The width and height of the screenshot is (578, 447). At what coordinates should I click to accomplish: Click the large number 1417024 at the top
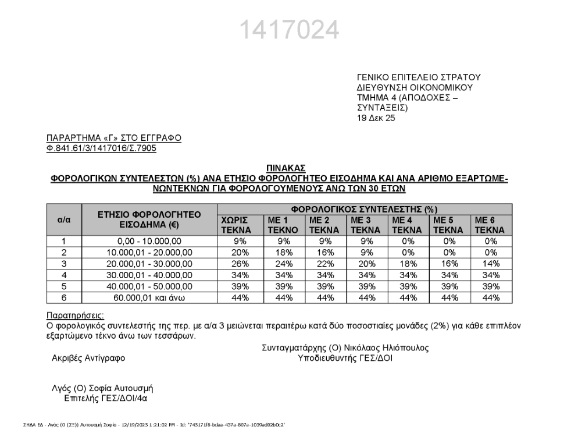tap(288, 30)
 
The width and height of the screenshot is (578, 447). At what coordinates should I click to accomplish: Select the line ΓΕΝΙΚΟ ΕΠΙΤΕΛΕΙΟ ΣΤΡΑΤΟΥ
tap(418, 77)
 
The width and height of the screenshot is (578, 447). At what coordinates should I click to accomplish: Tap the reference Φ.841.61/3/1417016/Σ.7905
tap(101, 148)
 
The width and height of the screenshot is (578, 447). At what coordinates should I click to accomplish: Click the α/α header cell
tap(64, 219)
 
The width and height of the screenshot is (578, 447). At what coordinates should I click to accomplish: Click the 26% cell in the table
tap(240, 264)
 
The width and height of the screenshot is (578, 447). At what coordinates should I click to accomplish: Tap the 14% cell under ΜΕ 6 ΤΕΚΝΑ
tap(491, 264)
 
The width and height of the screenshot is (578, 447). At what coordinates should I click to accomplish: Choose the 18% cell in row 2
tap(282, 253)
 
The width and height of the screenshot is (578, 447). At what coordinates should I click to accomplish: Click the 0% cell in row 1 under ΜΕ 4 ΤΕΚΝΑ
tap(408, 241)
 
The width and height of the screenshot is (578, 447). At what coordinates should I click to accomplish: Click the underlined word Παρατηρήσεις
tap(75, 316)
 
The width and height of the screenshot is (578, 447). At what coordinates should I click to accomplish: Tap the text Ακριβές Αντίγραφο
tap(88, 359)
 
